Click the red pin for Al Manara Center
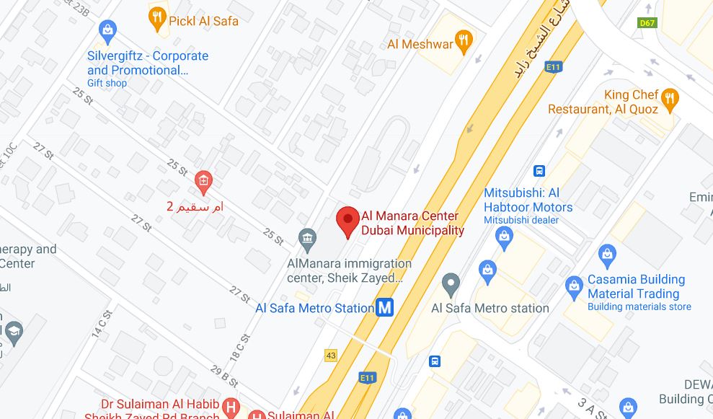[x=348, y=220]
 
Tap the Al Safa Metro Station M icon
[x=386, y=308]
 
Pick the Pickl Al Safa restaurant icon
[x=157, y=18]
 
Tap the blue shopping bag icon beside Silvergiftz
[x=107, y=30]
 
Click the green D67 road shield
[x=648, y=23]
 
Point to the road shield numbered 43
[x=331, y=355]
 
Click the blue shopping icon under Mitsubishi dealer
[x=505, y=236]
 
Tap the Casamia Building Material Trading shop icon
[x=573, y=286]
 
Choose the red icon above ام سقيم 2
[x=203, y=180]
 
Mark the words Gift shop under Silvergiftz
[x=107, y=83]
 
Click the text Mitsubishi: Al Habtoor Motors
[x=528, y=200]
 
